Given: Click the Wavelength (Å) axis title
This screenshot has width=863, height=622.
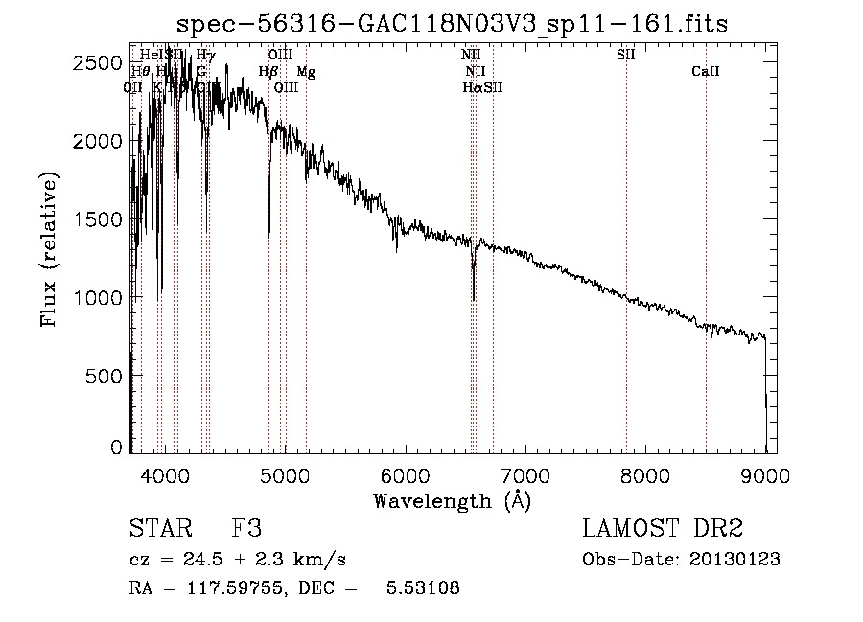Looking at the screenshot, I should pyautogui.click(x=452, y=499).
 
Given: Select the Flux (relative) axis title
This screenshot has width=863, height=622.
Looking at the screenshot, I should pyautogui.click(x=49, y=250).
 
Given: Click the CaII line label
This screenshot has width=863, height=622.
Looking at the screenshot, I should pyautogui.click(x=705, y=72).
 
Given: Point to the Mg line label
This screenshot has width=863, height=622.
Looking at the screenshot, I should pyautogui.click(x=305, y=72).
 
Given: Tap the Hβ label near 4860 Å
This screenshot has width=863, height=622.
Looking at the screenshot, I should pyautogui.click(x=268, y=72).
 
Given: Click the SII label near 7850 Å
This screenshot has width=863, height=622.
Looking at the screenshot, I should pyautogui.click(x=625, y=56).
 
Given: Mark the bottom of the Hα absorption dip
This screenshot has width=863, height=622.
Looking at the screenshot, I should pyautogui.click(x=473, y=298).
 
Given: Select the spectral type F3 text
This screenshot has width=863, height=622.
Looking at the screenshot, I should pyautogui.click(x=246, y=529).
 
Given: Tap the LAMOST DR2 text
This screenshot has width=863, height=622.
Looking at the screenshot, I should pyautogui.click(x=662, y=529).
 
